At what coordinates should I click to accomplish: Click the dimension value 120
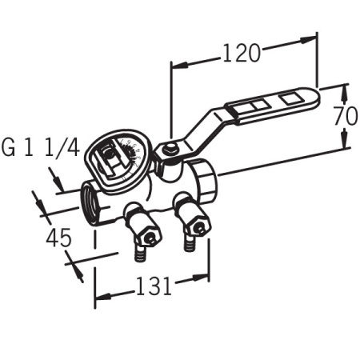pyautogui.click(x=242, y=53)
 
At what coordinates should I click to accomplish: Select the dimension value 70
pyautogui.click(x=346, y=115)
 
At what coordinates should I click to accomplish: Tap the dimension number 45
pyautogui.click(x=58, y=237)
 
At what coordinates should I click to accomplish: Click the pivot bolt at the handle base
pyautogui.click(x=169, y=149)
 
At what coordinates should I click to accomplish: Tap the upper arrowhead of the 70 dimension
pyautogui.click(x=346, y=87)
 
